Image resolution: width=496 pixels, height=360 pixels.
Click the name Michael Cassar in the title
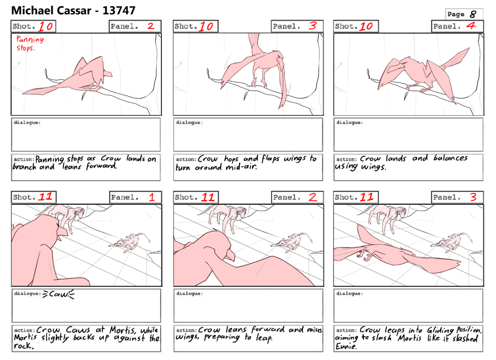(x=51, y=11)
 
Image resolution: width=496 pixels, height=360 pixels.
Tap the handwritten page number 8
(x=473, y=14)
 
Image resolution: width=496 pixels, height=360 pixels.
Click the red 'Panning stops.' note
(x=30, y=43)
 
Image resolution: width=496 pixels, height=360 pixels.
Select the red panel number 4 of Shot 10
(x=471, y=26)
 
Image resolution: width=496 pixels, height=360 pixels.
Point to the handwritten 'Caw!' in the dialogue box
(x=59, y=295)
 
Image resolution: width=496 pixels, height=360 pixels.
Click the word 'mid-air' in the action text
(x=240, y=167)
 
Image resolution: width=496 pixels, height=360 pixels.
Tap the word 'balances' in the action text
(x=450, y=158)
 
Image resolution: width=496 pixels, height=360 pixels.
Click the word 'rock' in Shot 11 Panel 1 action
(x=23, y=346)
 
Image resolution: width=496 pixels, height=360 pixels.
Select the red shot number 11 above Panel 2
(x=208, y=197)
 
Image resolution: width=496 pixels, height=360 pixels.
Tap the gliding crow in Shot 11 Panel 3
(x=396, y=252)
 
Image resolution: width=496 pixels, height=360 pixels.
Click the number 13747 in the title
(x=119, y=11)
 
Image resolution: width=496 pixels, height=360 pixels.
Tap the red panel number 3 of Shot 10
(x=313, y=26)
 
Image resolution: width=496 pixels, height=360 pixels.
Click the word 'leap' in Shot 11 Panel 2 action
(x=264, y=338)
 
